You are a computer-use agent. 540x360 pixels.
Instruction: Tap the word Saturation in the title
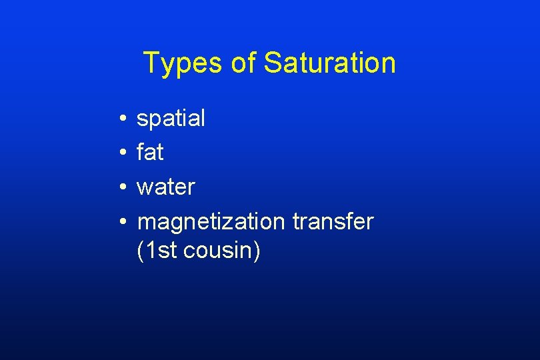click(329, 64)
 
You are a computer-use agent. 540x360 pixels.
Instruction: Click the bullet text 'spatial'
click(171, 119)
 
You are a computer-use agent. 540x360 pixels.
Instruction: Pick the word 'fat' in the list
click(150, 153)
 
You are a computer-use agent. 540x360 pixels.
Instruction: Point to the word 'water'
click(165, 187)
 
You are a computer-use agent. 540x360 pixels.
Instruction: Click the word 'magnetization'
click(211, 221)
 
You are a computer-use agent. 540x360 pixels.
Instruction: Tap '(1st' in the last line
click(156, 251)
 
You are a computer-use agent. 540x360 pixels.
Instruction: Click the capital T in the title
click(151, 63)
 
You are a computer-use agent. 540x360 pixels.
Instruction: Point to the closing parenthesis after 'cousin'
click(258, 251)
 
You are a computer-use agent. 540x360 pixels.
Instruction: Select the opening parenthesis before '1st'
click(139, 251)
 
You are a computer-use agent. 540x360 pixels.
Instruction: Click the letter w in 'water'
click(145, 189)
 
